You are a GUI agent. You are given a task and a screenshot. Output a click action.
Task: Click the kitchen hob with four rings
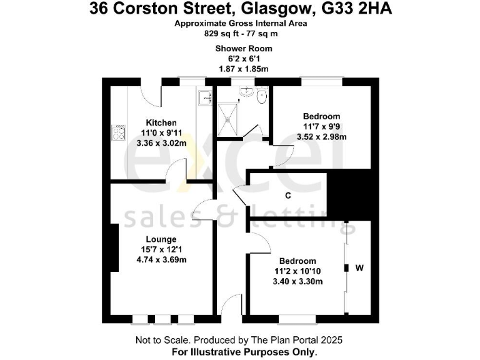click(117, 132)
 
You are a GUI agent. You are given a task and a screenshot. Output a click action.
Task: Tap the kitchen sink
click(204, 99)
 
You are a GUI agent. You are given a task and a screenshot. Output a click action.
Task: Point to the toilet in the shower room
click(262, 96)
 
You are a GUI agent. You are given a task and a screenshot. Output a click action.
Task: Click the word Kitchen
click(161, 122)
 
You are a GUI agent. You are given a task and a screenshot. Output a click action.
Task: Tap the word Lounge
click(161, 239)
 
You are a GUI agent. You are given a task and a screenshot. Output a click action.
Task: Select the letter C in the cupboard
click(287, 196)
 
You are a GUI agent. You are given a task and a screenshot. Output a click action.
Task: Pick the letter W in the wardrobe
click(359, 269)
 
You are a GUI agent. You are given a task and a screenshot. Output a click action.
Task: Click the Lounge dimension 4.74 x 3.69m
click(161, 259)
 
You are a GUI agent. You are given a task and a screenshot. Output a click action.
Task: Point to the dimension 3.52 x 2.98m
click(321, 136)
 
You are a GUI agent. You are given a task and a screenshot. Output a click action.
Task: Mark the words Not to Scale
click(159, 341)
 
